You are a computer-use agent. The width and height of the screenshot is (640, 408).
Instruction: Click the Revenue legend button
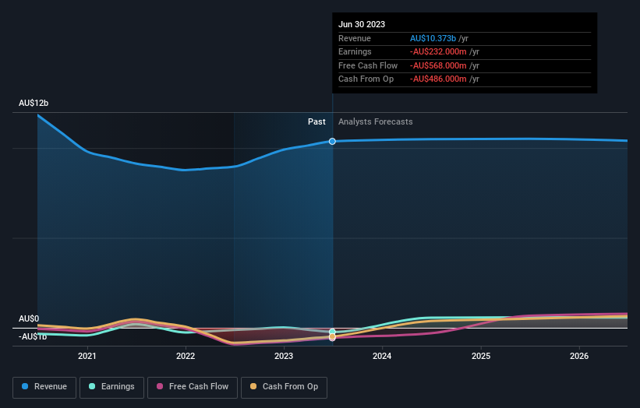(x=44, y=387)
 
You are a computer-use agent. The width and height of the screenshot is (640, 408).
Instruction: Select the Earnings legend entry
(x=111, y=387)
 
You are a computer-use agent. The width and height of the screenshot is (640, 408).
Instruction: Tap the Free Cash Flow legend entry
(x=193, y=387)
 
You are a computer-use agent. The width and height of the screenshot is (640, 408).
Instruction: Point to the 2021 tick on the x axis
(x=87, y=357)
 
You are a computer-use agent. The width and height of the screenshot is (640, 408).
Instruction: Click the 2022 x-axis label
(x=186, y=357)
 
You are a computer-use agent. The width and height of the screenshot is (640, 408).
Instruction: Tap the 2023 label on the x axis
(x=284, y=357)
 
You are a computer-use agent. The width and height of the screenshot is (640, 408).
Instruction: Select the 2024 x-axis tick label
(x=382, y=357)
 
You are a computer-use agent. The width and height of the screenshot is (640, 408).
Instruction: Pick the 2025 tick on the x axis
(x=481, y=357)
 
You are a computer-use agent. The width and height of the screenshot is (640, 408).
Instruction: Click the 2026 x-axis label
(x=579, y=357)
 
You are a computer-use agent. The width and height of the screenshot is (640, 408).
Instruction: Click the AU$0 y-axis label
(x=29, y=319)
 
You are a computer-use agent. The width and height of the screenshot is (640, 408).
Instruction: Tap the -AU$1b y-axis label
(x=34, y=336)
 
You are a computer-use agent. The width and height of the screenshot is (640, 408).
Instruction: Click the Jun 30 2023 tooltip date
(x=362, y=25)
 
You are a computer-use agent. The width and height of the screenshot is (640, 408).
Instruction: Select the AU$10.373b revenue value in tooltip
(x=440, y=39)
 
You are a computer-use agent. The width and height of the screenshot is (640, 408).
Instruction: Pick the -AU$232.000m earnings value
(x=441, y=52)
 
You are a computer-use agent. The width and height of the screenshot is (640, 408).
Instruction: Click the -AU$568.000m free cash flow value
(x=441, y=65)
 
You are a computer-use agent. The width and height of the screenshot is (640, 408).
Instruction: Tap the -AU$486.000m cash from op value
(x=441, y=79)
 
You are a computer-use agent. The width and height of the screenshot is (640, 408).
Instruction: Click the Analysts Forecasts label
(x=376, y=121)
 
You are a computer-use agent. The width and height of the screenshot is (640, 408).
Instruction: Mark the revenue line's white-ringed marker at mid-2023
(x=333, y=141)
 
